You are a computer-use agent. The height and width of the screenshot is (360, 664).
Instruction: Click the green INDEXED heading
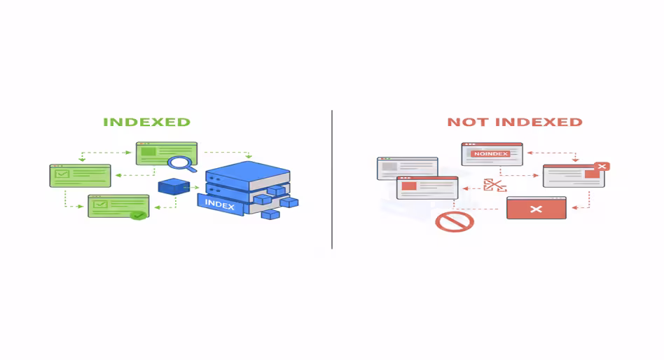coord(146,122)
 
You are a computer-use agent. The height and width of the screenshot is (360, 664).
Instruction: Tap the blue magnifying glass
coord(181,164)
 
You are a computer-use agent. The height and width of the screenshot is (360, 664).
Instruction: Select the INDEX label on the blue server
coord(220,204)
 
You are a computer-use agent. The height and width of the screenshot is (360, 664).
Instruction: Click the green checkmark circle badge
coord(139,215)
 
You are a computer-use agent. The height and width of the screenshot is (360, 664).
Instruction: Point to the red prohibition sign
coord(455,222)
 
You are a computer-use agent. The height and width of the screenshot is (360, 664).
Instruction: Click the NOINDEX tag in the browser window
coord(490,153)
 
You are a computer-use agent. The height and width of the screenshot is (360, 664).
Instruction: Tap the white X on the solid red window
coord(536,209)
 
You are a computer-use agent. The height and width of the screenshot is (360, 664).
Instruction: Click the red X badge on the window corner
coord(601,167)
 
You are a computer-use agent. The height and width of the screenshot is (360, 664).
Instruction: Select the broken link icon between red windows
coord(494,186)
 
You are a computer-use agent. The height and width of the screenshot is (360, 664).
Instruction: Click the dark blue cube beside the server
coord(174,187)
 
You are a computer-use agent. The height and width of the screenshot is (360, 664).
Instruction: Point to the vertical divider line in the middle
coord(332,179)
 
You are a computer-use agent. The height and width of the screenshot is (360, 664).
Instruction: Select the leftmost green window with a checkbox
coord(80,175)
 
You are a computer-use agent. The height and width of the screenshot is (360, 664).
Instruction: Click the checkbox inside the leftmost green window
coord(62,174)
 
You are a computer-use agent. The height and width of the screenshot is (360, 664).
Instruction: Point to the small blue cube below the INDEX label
coord(270,214)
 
